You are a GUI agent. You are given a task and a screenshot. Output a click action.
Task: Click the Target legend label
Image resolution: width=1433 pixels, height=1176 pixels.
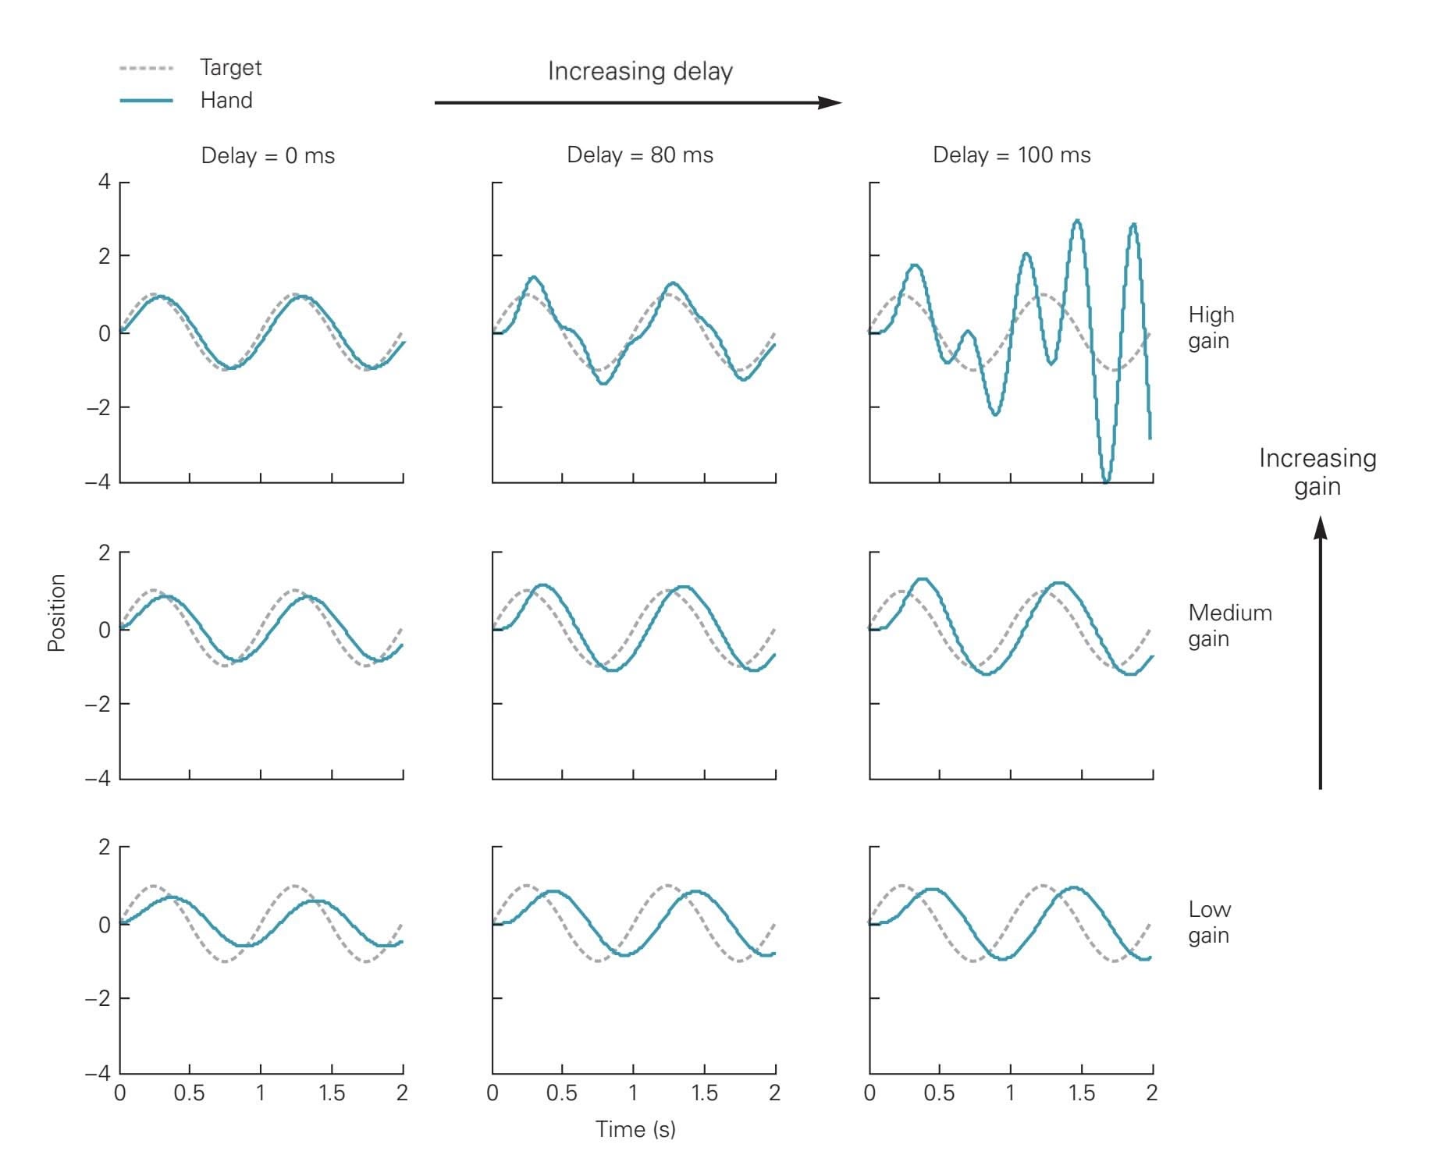(230, 68)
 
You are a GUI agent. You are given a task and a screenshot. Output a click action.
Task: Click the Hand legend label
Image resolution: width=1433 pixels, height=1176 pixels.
(226, 101)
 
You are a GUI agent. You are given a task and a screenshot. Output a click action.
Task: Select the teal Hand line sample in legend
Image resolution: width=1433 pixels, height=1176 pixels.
(146, 101)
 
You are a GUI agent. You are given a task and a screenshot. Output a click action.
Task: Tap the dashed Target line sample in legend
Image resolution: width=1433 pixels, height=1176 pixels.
(146, 69)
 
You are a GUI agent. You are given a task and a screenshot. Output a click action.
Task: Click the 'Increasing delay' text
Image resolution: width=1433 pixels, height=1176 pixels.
(640, 72)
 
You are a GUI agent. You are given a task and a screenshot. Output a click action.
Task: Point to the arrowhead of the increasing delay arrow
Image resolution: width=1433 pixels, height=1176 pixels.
(832, 102)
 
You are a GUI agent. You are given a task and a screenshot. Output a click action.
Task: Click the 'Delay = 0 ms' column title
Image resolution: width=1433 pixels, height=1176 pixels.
(268, 156)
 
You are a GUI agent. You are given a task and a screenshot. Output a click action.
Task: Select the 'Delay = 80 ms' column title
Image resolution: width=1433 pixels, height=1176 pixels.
(640, 155)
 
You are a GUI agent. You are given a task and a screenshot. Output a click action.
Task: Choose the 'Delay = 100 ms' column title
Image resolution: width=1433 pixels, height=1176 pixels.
(1012, 155)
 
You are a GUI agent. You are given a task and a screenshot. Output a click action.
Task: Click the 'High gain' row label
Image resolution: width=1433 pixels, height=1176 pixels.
(1211, 328)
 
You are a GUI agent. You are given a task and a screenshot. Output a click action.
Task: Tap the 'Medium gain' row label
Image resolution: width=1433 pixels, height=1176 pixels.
(1229, 626)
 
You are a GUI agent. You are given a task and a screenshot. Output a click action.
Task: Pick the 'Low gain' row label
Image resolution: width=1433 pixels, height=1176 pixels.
(1209, 922)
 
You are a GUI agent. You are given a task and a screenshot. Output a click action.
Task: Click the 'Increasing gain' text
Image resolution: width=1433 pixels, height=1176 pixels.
(1317, 472)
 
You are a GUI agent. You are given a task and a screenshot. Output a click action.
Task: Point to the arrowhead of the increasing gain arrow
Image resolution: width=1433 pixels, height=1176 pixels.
(1320, 528)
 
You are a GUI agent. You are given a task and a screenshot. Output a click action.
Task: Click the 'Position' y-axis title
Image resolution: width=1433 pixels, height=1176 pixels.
(57, 613)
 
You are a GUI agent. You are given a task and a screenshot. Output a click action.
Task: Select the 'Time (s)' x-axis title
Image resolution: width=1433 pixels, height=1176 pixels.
(635, 1129)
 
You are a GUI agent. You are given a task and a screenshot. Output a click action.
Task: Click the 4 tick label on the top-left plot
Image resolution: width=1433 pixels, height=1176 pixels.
(104, 183)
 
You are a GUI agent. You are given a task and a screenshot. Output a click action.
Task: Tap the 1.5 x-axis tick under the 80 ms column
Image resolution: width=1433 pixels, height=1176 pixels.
(704, 1093)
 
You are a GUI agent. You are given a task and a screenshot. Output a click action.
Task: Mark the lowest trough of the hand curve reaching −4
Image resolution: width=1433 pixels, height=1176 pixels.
(1105, 481)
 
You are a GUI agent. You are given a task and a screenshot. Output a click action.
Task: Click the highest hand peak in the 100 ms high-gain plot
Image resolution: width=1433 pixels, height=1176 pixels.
(1077, 222)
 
